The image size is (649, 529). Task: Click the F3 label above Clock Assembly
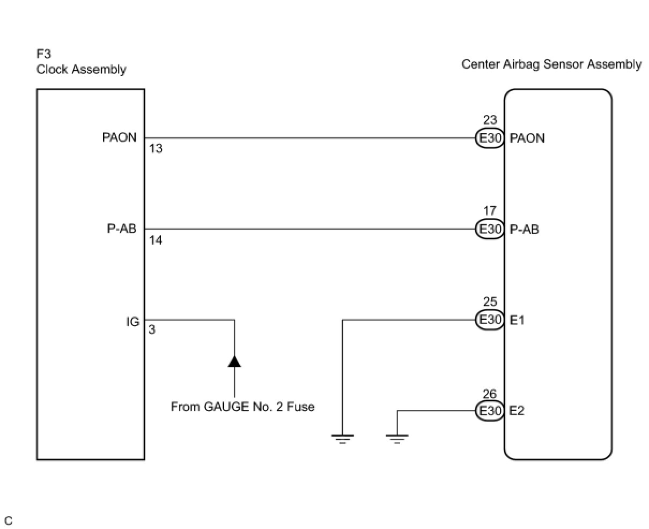[43, 54]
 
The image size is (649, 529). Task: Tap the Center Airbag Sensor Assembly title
[551, 64]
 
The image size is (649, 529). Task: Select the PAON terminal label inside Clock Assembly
[120, 137]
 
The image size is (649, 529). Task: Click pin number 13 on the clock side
[156, 149]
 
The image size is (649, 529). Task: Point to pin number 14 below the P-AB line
[156, 240]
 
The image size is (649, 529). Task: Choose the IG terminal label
[133, 322]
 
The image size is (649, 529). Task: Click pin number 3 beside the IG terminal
[152, 329]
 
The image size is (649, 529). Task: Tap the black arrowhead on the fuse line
[234, 361]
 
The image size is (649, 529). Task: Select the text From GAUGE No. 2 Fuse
[242, 407]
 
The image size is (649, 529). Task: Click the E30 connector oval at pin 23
[490, 138]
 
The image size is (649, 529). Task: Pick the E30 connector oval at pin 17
[490, 229]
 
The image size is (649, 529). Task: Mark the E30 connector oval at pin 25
[490, 320]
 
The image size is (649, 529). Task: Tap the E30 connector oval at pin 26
[490, 411]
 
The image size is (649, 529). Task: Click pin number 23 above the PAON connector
[490, 120]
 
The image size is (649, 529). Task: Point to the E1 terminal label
[517, 320]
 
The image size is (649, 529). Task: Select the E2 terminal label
[517, 411]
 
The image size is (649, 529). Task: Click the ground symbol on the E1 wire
[343, 439]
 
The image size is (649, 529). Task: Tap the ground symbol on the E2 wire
[397, 439]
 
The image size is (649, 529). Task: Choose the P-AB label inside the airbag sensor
[524, 230]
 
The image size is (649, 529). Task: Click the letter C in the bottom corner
[8, 520]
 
